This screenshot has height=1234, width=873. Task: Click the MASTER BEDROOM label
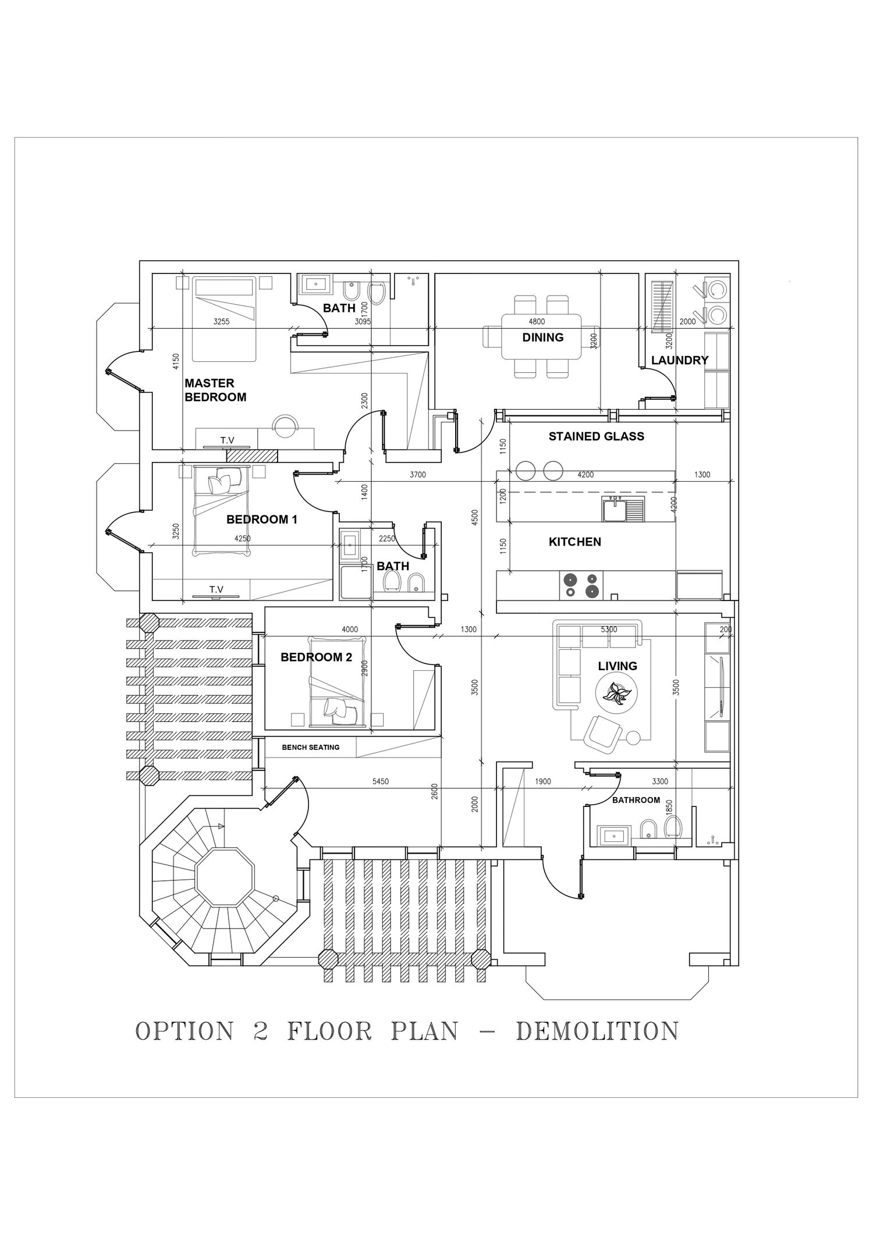pyautogui.click(x=215, y=390)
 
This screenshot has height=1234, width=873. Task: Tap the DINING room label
pyautogui.click(x=542, y=337)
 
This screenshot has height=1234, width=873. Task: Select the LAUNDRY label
pyautogui.click(x=679, y=360)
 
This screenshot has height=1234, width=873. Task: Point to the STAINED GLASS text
pyautogui.click(x=596, y=436)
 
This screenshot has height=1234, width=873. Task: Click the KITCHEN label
pyautogui.click(x=574, y=542)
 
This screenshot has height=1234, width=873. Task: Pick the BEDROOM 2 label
pyautogui.click(x=316, y=657)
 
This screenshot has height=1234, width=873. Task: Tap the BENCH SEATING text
pyautogui.click(x=310, y=747)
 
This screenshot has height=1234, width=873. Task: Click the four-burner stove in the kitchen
pyautogui.click(x=580, y=585)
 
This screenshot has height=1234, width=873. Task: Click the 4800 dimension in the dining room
pyautogui.click(x=536, y=322)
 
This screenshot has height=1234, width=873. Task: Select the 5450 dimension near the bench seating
pyautogui.click(x=380, y=782)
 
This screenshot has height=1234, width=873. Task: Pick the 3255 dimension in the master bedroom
pyautogui.click(x=221, y=321)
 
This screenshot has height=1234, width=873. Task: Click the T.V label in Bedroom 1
pyautogui.click(x=216, y=590)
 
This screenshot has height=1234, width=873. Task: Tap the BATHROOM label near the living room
pyautogui.click(x=636, y=800)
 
